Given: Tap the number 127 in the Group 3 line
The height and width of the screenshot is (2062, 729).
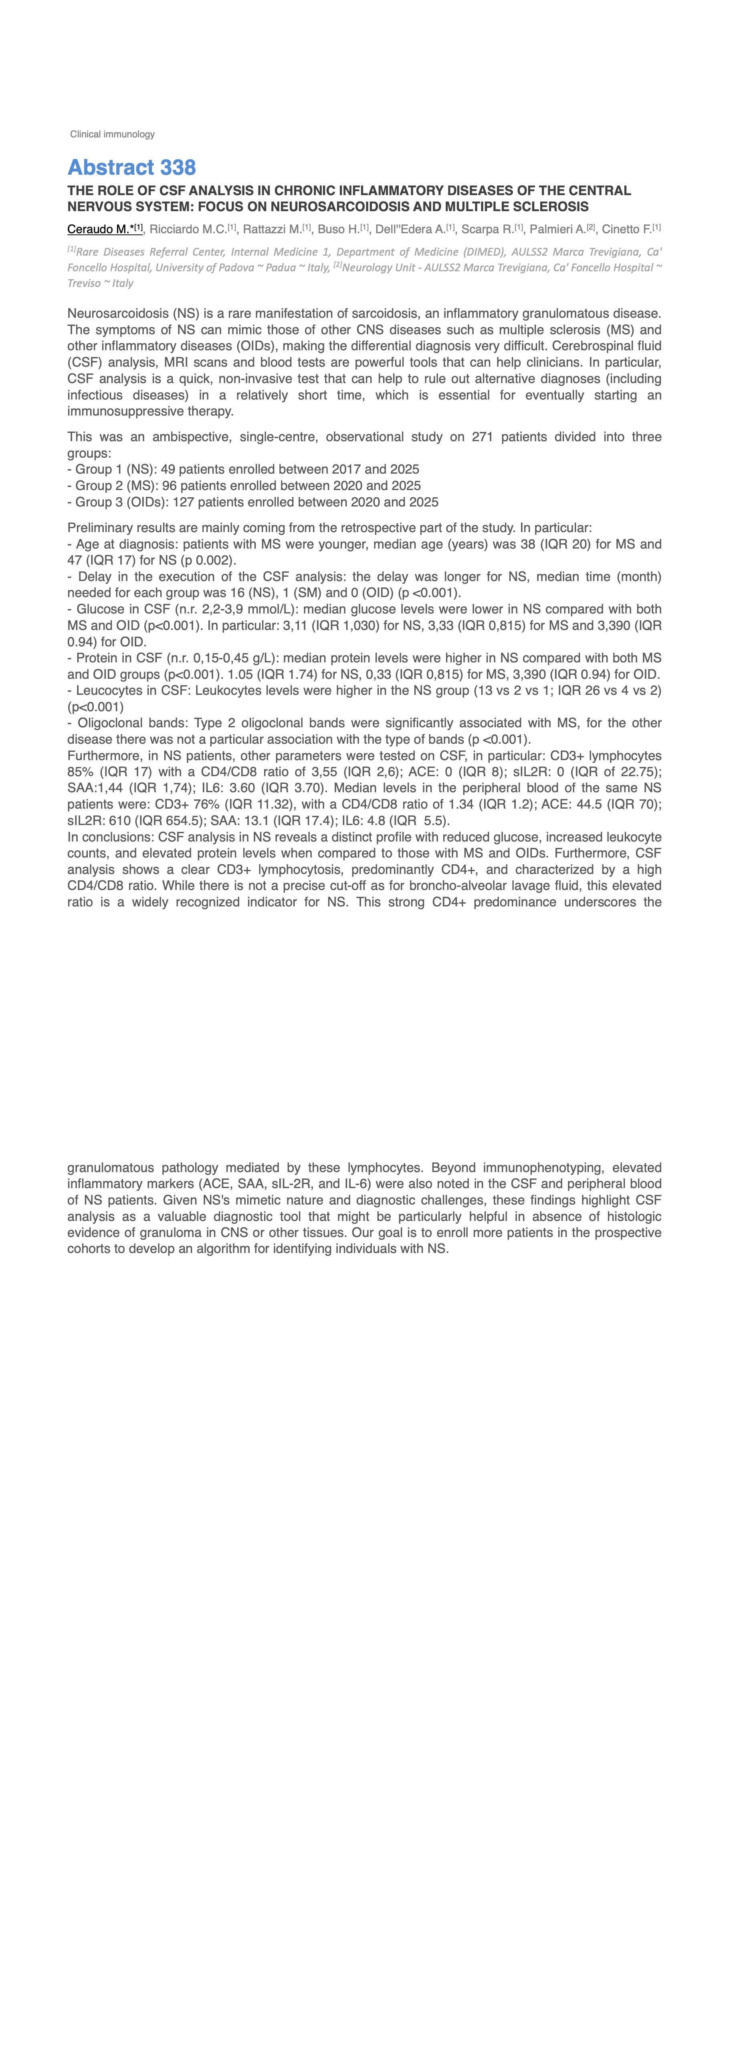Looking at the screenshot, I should pyautogui.click(x=183, y=502).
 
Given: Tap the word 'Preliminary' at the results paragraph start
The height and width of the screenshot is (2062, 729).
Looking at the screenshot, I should pyautogui.click(x=100, y=527).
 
